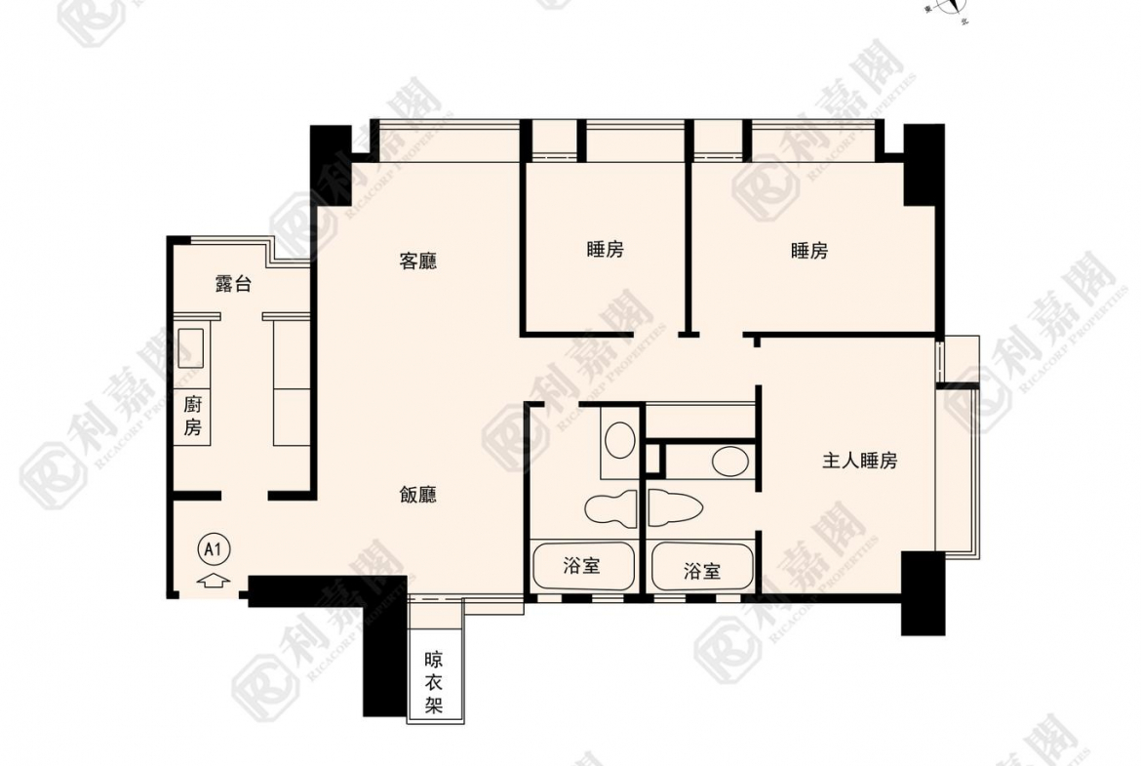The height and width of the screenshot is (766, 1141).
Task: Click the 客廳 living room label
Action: click(x=417, y=262)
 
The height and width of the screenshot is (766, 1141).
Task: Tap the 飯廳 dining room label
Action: click(x=417, y=496)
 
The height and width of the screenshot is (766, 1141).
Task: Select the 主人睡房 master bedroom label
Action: click(x=858, y=462)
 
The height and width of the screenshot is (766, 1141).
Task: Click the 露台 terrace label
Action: click(x=233, y=284)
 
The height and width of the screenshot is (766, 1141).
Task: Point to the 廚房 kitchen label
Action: click(x=192, y=416)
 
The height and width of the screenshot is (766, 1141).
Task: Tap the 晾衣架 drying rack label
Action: click(x=434, y=682)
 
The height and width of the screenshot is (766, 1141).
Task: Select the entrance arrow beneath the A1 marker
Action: click(x=214, y=582)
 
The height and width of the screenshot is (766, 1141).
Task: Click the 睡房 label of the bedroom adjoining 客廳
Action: click(x=605, y=250)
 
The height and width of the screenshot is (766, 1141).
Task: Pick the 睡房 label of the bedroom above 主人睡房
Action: click(x=808, y=251)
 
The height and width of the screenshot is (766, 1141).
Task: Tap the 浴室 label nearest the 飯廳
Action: click(x=581, y=566)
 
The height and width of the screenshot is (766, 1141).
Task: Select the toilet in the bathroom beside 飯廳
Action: click(x=610, y=507)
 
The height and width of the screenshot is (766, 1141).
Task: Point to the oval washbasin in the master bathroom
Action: click(x=728, y=460)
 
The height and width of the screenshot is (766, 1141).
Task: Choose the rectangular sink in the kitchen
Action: click(x=190, y=347)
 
